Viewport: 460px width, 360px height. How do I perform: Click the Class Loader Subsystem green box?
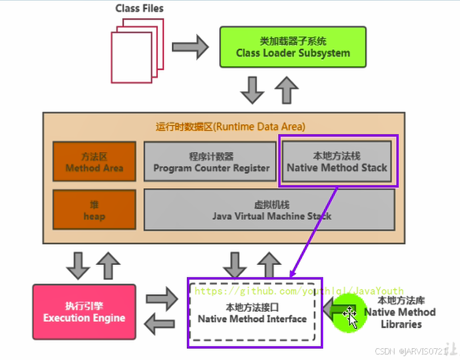pos(292,48)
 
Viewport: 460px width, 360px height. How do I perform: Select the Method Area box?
pos(94,162)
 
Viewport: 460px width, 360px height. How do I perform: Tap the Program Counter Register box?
pos(211,162)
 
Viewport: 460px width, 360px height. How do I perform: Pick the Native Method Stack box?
pos(337,161)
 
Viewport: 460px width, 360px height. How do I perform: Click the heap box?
pos(94,210)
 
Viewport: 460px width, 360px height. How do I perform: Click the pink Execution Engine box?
pos(84,312)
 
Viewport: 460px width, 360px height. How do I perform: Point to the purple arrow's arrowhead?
pos(292,274)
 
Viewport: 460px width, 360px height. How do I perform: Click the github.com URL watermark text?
pos(299,291)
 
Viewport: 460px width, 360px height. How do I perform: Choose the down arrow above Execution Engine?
pos(77,265)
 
